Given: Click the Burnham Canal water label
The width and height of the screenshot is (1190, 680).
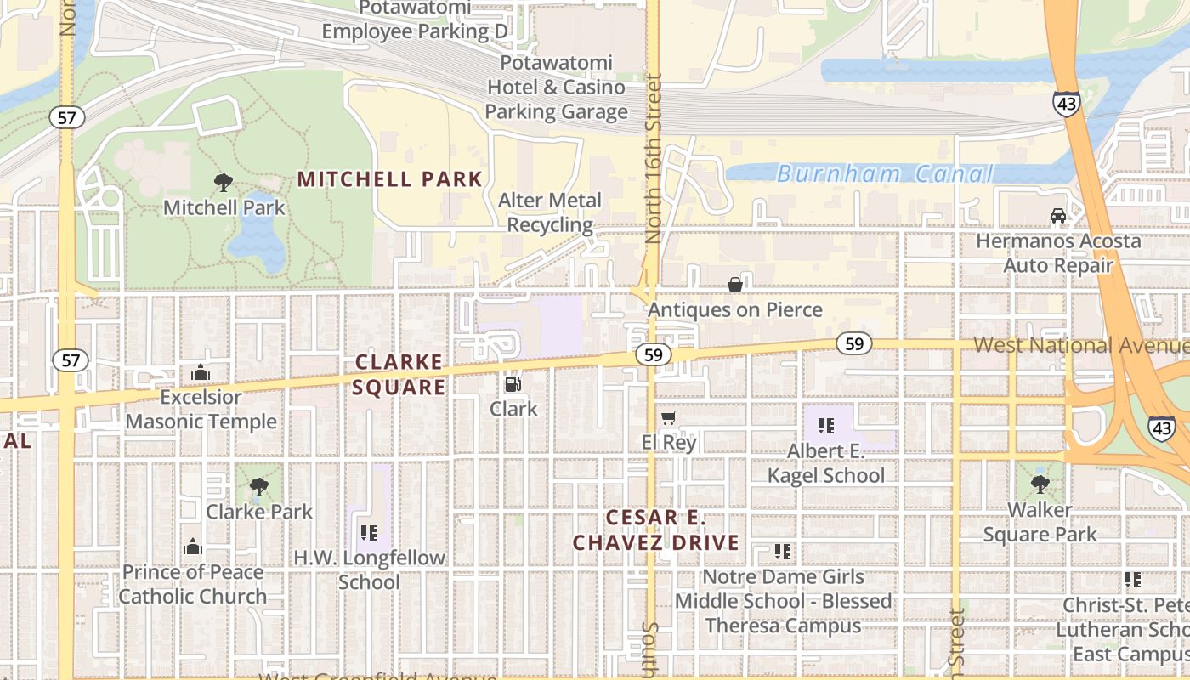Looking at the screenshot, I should tap(884, 174).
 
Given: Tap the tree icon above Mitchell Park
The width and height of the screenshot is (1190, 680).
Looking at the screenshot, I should tap(224, 182).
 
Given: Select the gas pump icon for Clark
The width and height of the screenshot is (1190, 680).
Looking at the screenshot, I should tap(513, 384).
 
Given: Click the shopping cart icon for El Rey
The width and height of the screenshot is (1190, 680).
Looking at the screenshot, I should tap(669, 418).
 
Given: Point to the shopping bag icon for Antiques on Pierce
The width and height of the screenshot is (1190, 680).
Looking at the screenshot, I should tap(735, 285).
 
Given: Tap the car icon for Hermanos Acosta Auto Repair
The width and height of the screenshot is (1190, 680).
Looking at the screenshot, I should tap(1058, 216).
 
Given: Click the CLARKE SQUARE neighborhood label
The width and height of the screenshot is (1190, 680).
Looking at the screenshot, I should tap(399, 375).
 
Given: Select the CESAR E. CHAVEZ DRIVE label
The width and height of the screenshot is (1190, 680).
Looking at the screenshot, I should tap(655, 530).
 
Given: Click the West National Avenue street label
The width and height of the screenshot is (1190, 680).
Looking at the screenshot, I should tap(1079, 345).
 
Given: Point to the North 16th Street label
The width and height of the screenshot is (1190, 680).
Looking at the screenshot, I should tap(653, 160).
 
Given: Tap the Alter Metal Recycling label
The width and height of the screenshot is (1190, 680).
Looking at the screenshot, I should tap(550, 212).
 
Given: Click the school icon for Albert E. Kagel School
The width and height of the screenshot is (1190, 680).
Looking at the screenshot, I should tap(825, 426).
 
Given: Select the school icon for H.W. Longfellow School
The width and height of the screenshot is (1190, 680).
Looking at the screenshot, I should tap(369, 533).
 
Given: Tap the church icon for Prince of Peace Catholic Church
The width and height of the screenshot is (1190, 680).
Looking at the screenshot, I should tap(193, 547).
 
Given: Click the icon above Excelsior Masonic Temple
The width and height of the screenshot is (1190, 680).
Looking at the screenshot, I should tap(201, 372).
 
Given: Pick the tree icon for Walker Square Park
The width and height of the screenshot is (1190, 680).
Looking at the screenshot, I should tap(1040, 484).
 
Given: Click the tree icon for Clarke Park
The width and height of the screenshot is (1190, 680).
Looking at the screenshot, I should tap(259, 487).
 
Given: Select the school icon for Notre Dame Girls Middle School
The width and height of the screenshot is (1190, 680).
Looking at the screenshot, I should tap(783, 552).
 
